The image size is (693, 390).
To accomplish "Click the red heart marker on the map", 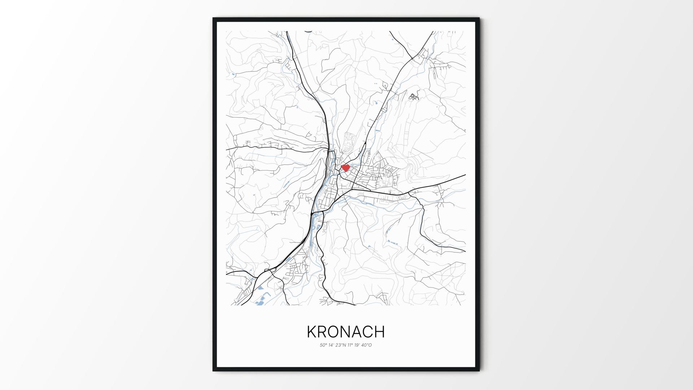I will tap(345, 168).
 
